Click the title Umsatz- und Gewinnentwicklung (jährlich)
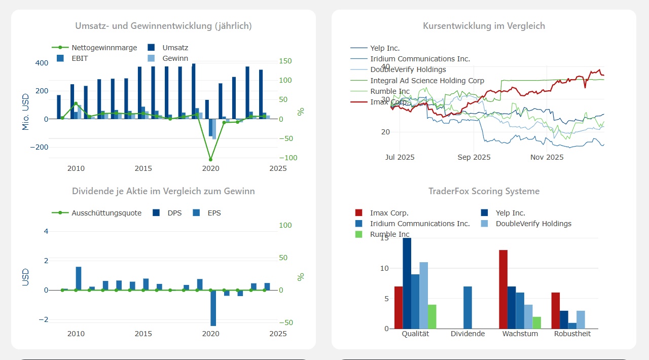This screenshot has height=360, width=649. [163, 26]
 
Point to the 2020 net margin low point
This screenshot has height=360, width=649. [210, 159]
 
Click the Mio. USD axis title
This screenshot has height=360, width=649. [26, 112]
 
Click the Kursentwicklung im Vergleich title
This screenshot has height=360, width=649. [484, 26]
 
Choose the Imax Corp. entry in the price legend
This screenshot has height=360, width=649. [389, 102]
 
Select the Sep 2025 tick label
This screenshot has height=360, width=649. [474, 157]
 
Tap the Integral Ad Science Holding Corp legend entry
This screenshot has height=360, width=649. [427, 81]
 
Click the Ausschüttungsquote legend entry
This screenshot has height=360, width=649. [106, 213]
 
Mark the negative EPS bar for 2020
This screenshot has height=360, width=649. [213, 308]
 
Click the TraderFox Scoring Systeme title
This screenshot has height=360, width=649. [484, 191]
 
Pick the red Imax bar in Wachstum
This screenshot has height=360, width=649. [503, 289]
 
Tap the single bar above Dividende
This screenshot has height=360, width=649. [467, 307]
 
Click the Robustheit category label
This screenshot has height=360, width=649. [572, 334]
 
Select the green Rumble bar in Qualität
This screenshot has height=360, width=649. [432, 316]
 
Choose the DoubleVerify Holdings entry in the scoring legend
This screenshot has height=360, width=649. [533, 224]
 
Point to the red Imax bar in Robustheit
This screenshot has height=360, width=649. [556, 310]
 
